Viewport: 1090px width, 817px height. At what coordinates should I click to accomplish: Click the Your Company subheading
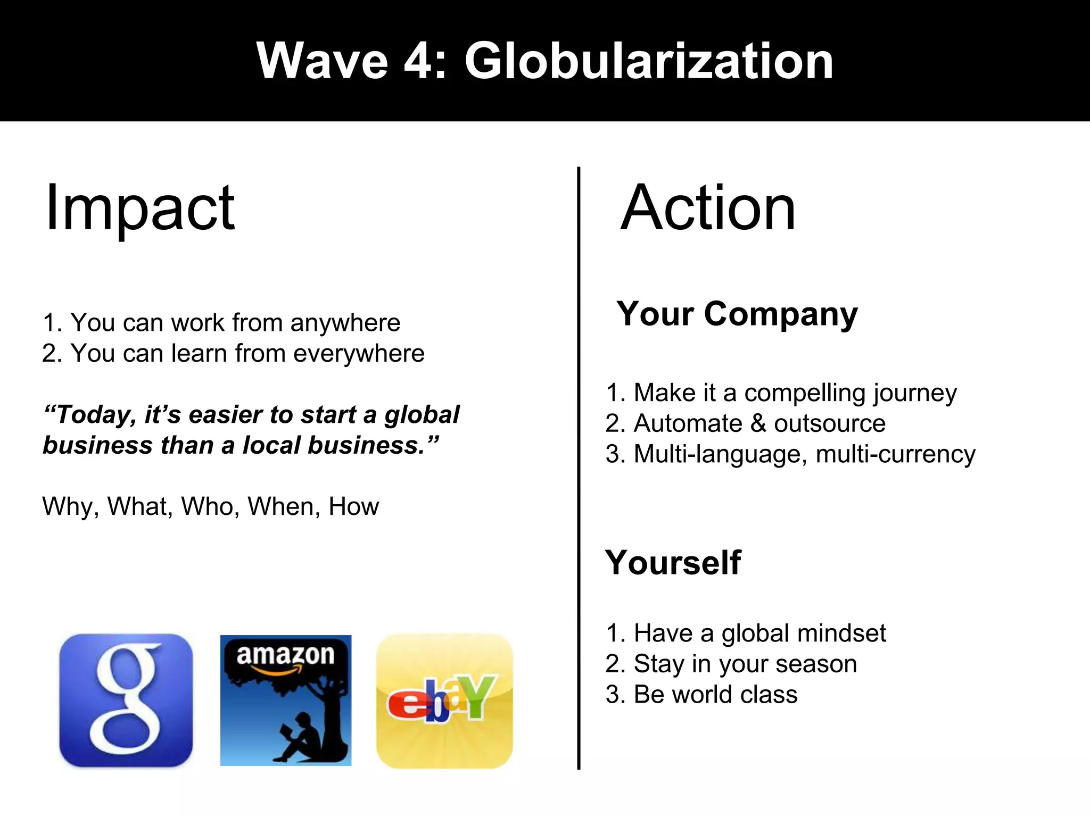(x=737, y=314)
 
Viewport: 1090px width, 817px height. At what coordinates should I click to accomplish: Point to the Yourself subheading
(x=673, y=563)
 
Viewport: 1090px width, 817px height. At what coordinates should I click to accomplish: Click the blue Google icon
(x=126, y=700)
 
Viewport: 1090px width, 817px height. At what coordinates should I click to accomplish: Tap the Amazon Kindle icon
(x=286, y=700)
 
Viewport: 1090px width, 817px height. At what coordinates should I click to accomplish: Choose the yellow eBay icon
(x=444, y=700)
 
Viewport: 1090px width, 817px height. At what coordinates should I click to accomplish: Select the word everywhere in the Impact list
(x=359, y=354)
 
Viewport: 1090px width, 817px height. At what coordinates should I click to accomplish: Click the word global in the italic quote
(x=422, y=415)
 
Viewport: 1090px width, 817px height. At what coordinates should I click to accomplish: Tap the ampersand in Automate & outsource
(x=758, y=424)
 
